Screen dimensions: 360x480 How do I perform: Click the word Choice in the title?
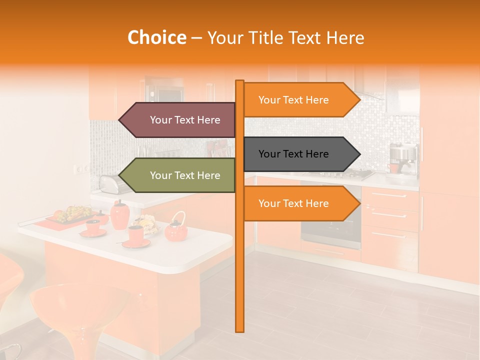coord(156,38)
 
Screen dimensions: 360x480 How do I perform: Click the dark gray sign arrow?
coord(297,154)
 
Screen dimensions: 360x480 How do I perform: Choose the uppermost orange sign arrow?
coord(297,100)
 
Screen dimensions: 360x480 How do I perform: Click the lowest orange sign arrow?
coord(297,203)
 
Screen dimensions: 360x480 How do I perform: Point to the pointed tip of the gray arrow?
coord(358,154)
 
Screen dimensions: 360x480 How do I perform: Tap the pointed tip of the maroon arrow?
coord(120,120)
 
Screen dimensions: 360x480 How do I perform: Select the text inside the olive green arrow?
coord(185,175)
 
